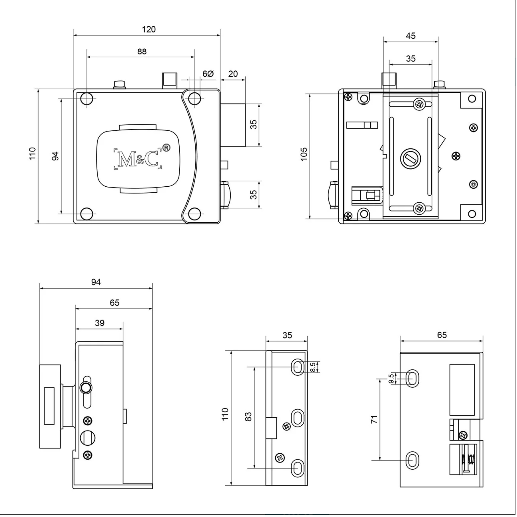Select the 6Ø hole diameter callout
(208, 74)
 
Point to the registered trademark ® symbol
(166, 148)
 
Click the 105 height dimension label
(304, 154)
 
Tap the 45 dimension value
(411, 36)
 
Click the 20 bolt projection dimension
(233, 74)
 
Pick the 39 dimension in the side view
(100, 323)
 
